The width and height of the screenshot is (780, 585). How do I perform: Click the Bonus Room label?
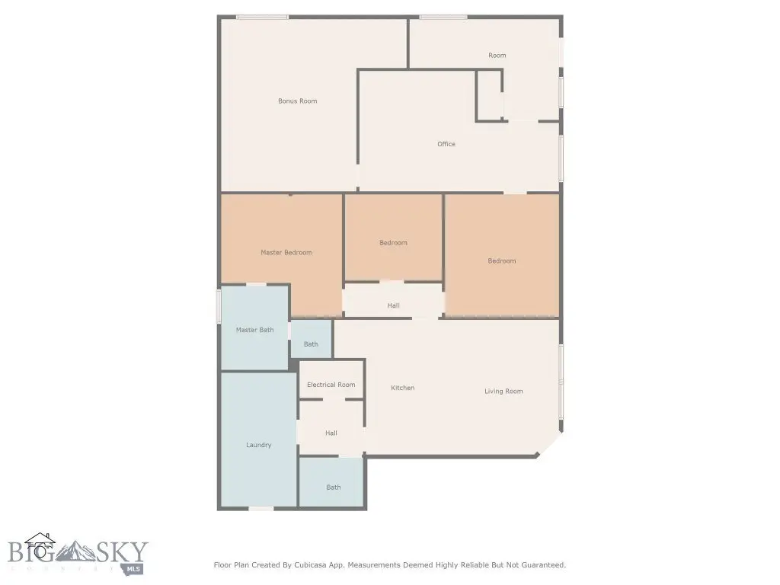pyautogui.click(x=298, y=101)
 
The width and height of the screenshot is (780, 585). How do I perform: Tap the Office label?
pyautogui.click(x=446, y=144)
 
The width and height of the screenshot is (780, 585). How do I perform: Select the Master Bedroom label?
pyautogui.click(x=286, y=253)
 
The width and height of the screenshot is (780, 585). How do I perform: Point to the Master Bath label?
pyautogui.click(x=254, y=330)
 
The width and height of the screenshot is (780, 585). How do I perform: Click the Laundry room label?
pyautogui.click(x=259, y=445)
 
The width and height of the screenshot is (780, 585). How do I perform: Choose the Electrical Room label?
pyautogui.click(x=331, y=385)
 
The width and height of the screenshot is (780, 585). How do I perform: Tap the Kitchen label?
pyautogui.click(x=402, y=388)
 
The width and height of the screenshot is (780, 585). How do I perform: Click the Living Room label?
pyautogui.click(x=503, y=392)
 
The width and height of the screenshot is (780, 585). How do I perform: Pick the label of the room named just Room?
pyautogui.click(x=497, y=56)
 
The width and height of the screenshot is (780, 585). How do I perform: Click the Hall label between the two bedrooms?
pyautogui.click(x=394, y=305)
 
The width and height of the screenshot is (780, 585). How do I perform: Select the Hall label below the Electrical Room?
pyautogui.click(x=331, y=433)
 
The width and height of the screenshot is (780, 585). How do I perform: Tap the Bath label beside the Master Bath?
pyautogui.click(x=311, y=344)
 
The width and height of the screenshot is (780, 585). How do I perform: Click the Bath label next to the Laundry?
pyautogui.click(x=334, y=487)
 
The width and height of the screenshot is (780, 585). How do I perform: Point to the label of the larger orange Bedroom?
pyautogui.click(x=502, y=261)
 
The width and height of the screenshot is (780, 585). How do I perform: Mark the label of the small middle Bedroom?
pyautogui.click(x=394, y=243)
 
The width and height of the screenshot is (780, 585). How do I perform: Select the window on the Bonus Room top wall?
pyautogui.click(x=262, y=18)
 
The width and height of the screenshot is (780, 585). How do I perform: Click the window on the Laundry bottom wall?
pyautogui.click(x=261, y=508)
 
